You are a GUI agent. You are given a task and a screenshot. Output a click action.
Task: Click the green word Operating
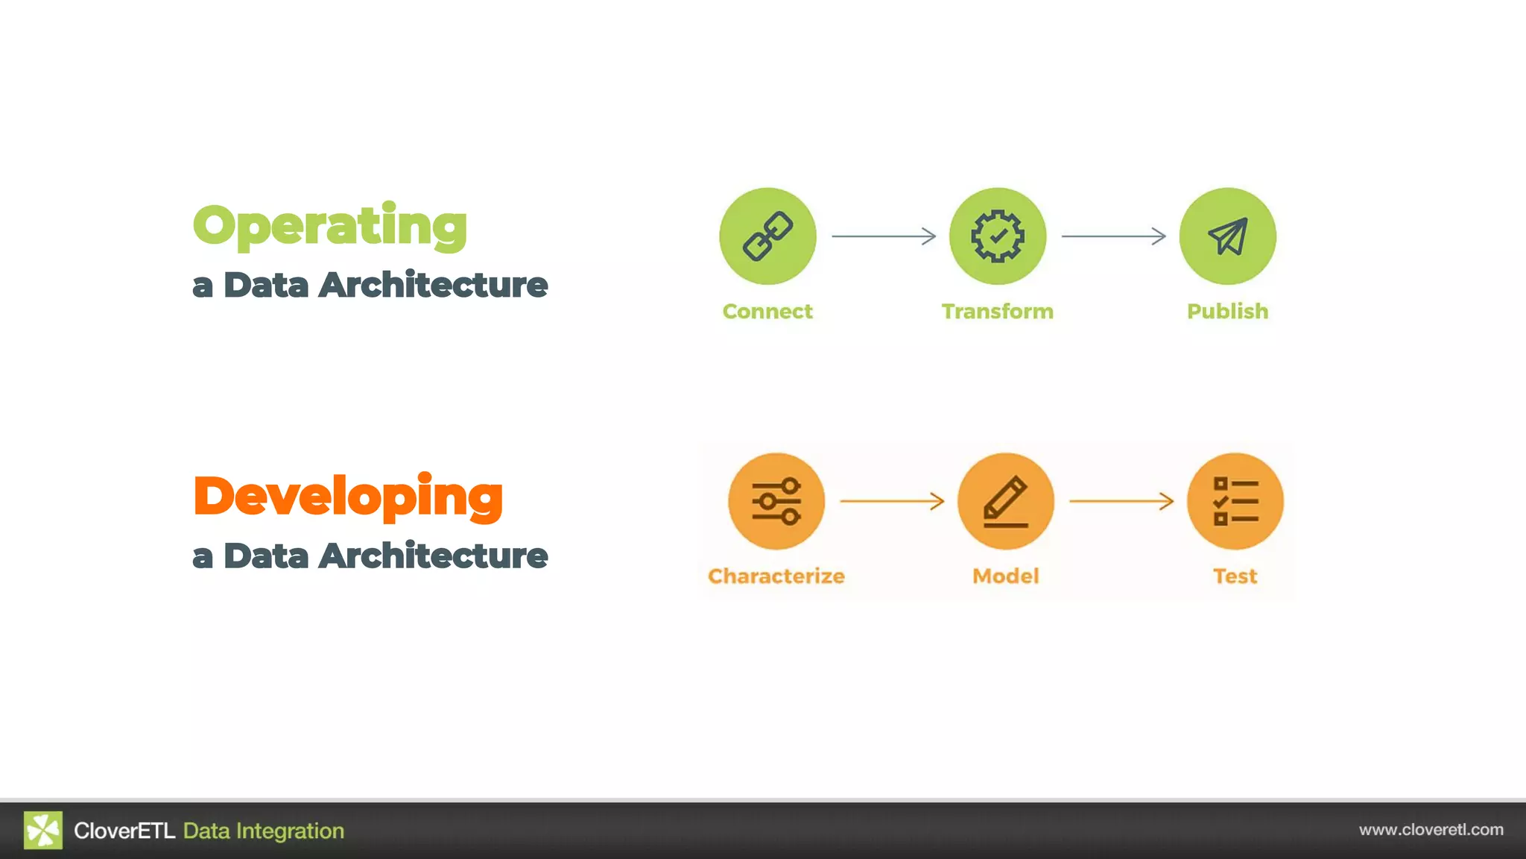click(x=329, y=225)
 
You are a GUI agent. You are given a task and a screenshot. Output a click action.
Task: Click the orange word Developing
click(x=347, y=497)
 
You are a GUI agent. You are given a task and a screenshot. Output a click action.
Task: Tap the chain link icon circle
click(x=767, y=236)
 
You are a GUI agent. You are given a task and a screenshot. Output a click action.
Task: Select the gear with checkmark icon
click(x=998, y=236)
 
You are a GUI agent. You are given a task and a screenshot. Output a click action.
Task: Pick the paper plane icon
click(x=1227, y=236)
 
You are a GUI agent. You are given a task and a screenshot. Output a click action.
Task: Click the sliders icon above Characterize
click(x=776, y=501)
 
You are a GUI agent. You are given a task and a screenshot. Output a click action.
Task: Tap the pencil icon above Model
click(x=1006, y=501)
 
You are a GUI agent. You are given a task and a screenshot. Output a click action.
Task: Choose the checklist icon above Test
click(x=1235, y=501)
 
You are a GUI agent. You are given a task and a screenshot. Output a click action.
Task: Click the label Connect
click(x=767, y=311)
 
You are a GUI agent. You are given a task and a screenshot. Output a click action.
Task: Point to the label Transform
click(x=998, y=311)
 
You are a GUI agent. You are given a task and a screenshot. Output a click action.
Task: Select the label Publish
click(x=1227, y=311)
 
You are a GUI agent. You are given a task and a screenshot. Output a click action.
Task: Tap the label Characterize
click(x=776, y=576)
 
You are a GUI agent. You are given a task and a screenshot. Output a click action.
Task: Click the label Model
click(x=1006, y=576)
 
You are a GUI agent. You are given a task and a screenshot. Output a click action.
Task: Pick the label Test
click(x=1235, y=576)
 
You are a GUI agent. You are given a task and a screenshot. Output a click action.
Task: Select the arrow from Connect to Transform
click(x=884, y=236)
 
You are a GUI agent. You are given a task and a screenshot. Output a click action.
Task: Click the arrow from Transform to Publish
click(x=1114, y=236)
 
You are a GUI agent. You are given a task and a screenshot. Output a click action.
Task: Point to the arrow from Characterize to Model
click(x=892, y=501)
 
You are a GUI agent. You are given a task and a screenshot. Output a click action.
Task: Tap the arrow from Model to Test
click(x=1121, y=501)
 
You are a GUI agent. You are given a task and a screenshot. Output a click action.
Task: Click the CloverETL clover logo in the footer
click(x=43, y=830)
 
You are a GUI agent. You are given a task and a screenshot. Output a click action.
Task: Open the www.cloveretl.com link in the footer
click(x=1431, y=830)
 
